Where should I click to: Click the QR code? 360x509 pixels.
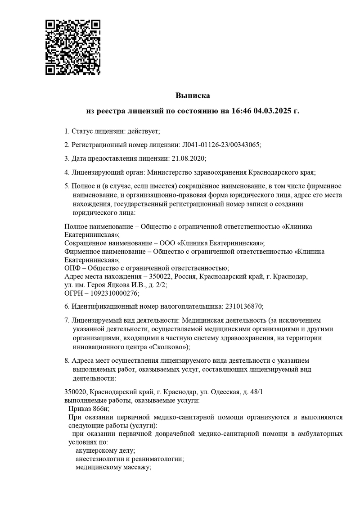(x=73, y=47)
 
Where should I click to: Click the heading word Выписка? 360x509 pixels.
(x=193, y=95)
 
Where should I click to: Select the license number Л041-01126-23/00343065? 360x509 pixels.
(x=221, y=144)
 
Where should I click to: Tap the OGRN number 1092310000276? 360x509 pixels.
(x=115, y=293)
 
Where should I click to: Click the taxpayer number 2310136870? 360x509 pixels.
(x=243, y=306)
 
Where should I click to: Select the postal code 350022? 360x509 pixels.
(x=161, y=276)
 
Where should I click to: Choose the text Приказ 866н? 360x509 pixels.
(x=88, y=409)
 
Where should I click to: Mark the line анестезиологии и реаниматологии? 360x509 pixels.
(x=130, y=459)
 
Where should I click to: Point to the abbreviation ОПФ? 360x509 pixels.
(x=73, y=268)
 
